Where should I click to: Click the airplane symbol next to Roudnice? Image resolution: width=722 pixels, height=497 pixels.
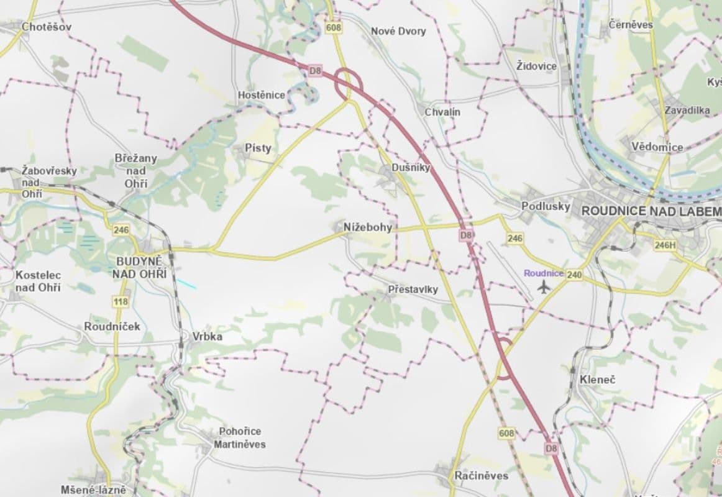coord(545,286)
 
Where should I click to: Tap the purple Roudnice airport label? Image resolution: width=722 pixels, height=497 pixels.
coord(544,273)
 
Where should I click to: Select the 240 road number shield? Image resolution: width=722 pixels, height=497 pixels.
coord(574,274)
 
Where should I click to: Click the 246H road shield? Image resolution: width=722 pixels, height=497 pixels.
coord(664,245)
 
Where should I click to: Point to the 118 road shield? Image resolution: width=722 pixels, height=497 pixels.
coord(121,302)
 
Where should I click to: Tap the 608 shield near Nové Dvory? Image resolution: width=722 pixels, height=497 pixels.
coord(334,28)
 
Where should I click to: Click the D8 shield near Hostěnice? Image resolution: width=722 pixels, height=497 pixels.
coord(316,71)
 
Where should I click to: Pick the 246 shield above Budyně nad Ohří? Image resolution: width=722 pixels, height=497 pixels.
coord(121,230)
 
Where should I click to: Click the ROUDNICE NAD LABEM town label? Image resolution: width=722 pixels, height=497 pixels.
coord(651,211)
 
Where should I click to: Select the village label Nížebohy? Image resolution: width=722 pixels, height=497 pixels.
coord(368,227)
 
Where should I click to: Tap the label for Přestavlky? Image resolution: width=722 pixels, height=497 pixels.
coord(413,290)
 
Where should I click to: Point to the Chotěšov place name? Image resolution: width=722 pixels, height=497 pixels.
coord(47,27)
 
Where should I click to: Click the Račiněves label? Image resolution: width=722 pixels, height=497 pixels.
coord(481,476)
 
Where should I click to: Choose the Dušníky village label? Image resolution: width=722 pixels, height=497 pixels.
coord(411,168)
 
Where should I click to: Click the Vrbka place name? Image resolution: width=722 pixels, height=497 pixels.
coord(208,337)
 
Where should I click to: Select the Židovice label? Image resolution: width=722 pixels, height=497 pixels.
coord(537,66)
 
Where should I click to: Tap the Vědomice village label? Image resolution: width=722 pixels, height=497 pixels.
coord(657,147)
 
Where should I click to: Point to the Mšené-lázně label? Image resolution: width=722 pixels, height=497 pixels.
coord(93,490)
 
